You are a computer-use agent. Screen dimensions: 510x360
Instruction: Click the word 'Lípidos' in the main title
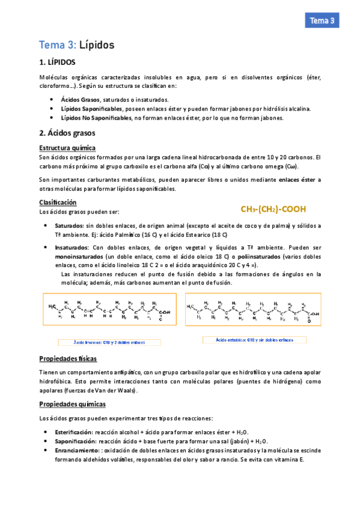(x=97, y=45)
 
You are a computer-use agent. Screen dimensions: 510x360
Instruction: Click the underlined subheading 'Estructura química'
(x=67, y=147)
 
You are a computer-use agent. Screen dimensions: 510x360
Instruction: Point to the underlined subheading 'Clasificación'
(x=58, y=203)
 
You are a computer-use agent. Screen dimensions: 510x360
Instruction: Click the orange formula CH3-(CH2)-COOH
(x=273, y=209)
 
